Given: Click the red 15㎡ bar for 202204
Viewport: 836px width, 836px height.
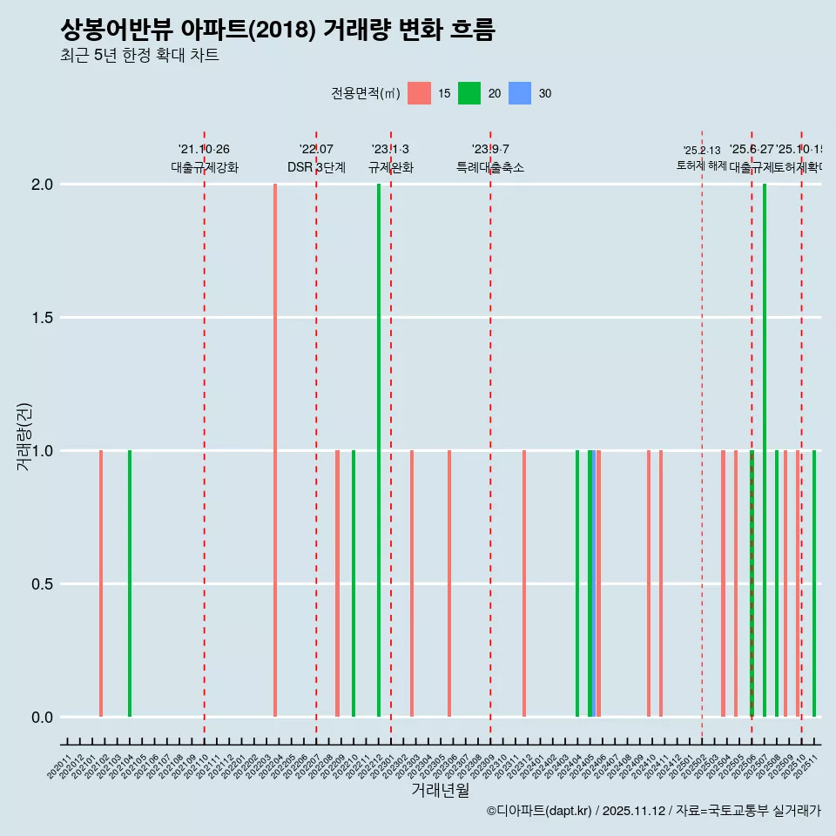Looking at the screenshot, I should click(275, 450).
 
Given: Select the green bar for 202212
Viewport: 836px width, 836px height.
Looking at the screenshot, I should click(379, 450).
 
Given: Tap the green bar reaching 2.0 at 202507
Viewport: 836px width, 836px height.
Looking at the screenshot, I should click(765, 450).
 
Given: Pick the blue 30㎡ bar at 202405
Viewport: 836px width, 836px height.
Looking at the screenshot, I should click(590, 583).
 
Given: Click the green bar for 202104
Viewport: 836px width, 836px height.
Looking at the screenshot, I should click(130, 583).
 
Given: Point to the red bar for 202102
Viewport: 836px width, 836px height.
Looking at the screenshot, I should click(101, 583).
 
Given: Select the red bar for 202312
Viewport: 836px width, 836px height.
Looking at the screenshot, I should click(524, 583).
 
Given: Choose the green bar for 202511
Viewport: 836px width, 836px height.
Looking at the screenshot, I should click(814, 583).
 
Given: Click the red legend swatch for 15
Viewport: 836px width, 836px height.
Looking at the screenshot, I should click(420, 93).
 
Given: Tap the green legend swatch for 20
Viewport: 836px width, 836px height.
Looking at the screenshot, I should click(469, 93).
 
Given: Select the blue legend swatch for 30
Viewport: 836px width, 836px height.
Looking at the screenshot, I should click(520, 93).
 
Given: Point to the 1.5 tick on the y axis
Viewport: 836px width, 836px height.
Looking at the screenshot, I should click(42, 318).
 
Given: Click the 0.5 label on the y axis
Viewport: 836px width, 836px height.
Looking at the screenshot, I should click(42, 584).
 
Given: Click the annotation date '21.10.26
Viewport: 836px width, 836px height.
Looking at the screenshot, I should click(204, 150).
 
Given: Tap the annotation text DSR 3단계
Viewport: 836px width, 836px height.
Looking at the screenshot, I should click(316, 167).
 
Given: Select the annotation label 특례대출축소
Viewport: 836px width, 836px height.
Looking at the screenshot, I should click(490, 167).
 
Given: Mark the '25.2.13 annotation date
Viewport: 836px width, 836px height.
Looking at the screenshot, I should click(702, 151).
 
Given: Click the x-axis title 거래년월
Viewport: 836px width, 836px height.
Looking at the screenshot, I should click(441, 791).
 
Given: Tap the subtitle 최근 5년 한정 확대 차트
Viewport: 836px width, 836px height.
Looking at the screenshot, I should click(139, 56).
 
